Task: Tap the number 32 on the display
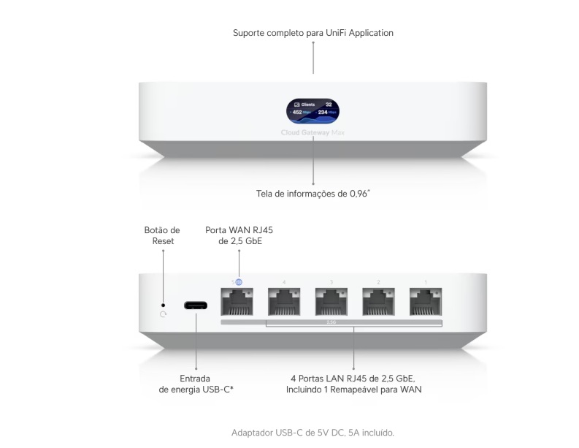coord(329,105)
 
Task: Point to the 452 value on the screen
coord(297,113)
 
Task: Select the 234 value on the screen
coord(323,113)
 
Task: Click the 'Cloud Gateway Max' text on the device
coord(312,132)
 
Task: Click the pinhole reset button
coord(163,304)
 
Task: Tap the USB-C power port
coord(196,304)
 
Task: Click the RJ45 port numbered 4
coord(284,301)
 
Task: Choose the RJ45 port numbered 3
coord(331,301)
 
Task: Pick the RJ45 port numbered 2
coord(377,301)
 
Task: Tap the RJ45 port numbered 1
coord(424,301)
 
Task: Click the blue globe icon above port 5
coord(239,281)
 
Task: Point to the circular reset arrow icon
coord(163,314)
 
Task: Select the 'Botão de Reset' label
coord(162,235)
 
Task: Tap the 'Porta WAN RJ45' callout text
coord(239,230)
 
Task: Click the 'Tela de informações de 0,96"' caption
coord(312,194)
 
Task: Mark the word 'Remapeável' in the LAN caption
coord(364,390)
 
